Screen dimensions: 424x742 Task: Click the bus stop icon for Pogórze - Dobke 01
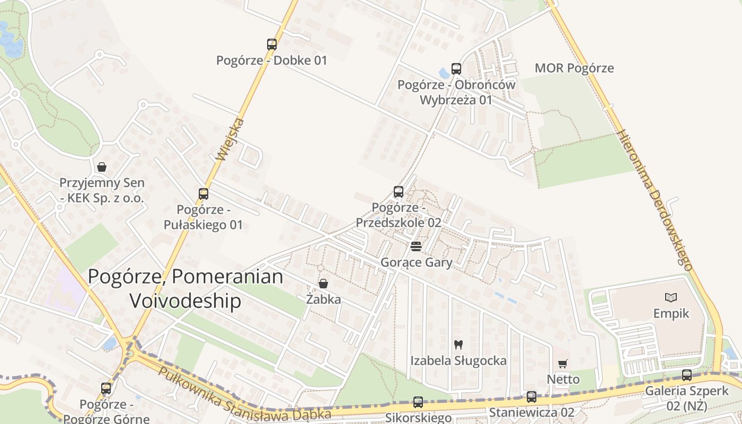click(x=272, y=45)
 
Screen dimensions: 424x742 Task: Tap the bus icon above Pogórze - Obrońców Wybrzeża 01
click(x=456, y=68)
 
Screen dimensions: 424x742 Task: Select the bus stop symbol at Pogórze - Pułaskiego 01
click(x=204, y=194)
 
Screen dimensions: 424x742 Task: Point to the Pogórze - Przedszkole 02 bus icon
click(x=399, y=192)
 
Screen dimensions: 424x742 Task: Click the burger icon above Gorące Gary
click(x=416, y=246)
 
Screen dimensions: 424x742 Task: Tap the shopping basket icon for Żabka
click(x=323, y=284)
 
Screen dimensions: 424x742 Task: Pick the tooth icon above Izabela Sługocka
click(x=458, y=344)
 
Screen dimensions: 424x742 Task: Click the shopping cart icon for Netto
click(x=563, y=364)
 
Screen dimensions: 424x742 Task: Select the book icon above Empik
click(x=671, y=298)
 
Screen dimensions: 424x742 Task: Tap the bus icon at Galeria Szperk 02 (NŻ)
click(x=687, y=375)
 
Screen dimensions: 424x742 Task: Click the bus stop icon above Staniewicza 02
click(x=532, y=396)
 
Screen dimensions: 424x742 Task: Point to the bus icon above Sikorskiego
click(x=418, y=402)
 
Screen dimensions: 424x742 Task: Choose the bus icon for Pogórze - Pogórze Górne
click(x=106, y=388)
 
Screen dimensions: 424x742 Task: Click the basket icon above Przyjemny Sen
click(x=102, y=167)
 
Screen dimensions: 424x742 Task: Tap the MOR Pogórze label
click(x=574, y=68)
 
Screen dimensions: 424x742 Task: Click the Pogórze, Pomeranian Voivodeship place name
click(x=185, y=288)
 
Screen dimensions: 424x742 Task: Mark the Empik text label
click(x=671, y=313)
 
